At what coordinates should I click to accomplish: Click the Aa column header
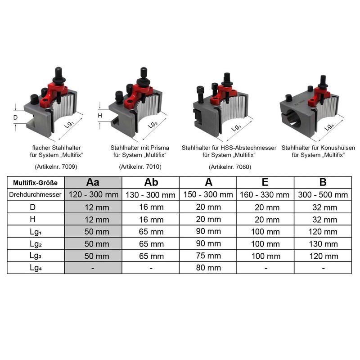click(x=93, y=182)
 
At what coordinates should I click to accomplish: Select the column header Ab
click(x=151, y=182)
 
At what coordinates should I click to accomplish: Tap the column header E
click(x=265, y=182)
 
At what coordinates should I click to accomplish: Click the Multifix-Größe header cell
click(x=36, y=183)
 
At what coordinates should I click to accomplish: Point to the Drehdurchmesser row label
click(x=36, y=195)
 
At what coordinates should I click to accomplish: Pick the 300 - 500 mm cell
click(x=322, y=195)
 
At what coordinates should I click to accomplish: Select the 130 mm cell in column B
click(x=322, y=244)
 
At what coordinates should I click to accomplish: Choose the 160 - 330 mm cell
click(x=265, y=195)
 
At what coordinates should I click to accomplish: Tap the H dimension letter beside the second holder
click(x=100, y=116)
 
